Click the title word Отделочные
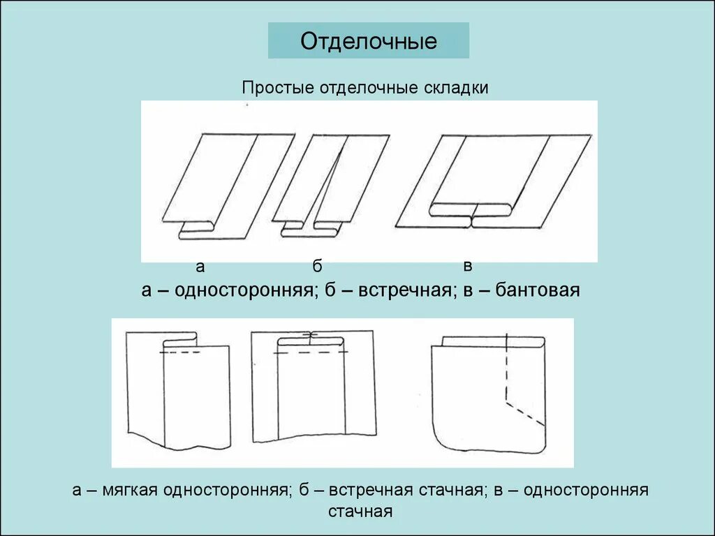point(369,41)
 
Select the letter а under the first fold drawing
point(200,266)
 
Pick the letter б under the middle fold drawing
point(317,266)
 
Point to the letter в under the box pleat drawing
point(468,265)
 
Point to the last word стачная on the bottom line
point(360,511)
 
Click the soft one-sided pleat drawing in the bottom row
point(178,391)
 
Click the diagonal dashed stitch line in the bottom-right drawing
point(525,413)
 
